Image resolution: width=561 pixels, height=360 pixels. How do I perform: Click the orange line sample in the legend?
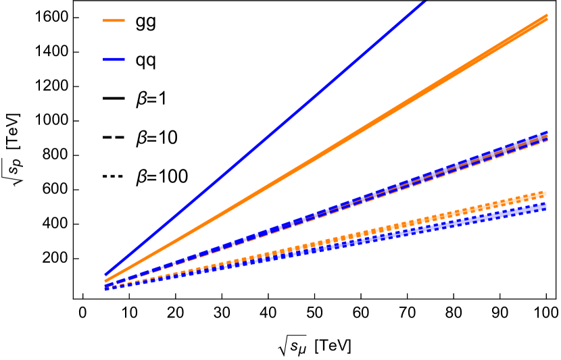pos(114,20)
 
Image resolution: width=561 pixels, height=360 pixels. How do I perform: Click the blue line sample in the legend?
pos(114,59)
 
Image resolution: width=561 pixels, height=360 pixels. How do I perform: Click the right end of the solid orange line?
pos(546,18)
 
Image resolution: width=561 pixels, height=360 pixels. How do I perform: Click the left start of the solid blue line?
pos(105,276)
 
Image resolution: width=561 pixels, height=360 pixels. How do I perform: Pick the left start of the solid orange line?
pos(105,280)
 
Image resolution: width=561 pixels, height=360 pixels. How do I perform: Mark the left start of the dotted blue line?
pos(106,288)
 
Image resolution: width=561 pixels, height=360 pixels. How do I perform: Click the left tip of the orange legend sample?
pos(103,20)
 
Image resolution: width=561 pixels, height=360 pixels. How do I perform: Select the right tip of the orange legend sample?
pos(124,20)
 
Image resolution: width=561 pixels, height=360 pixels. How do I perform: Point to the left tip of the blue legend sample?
pos(103,59)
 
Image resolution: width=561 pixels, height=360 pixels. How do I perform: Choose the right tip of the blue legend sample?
pos(124,59)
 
